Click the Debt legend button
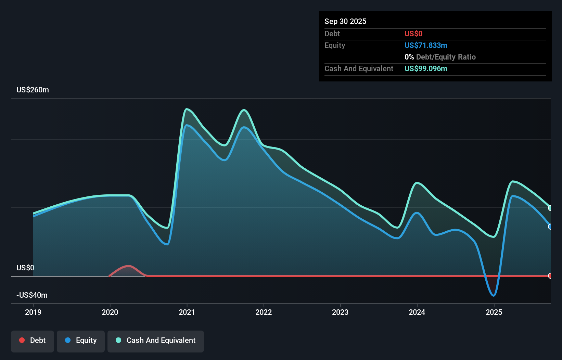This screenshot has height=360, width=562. pos(33,341)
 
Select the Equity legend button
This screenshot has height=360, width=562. pos(81,341)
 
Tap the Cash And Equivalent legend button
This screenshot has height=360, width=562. pos(156,341)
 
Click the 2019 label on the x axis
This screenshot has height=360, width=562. pos(33,312)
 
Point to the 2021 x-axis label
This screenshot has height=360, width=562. pos(187,312)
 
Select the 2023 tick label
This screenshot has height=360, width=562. pos(340,312)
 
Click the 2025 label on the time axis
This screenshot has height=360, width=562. pos(494,312)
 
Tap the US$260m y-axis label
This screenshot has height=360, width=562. pos(33,90)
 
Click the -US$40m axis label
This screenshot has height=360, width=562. pos(32,295)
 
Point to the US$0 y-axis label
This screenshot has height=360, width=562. pos(25,268)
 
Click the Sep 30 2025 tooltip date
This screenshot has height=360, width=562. pos(345,22)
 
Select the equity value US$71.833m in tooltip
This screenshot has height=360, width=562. pos(425,46)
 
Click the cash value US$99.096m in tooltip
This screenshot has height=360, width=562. pos(425,69)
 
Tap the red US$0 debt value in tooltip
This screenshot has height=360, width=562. pos(413,34)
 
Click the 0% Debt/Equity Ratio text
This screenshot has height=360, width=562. pos(440,57)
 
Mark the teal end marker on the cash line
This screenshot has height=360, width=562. pos(550,208)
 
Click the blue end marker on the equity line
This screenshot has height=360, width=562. pos(550,227)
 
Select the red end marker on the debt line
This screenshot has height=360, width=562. pos(550,276)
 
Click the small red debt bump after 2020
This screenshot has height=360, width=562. pos(128,266)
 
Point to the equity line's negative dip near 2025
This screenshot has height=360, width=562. pos(493,295)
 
